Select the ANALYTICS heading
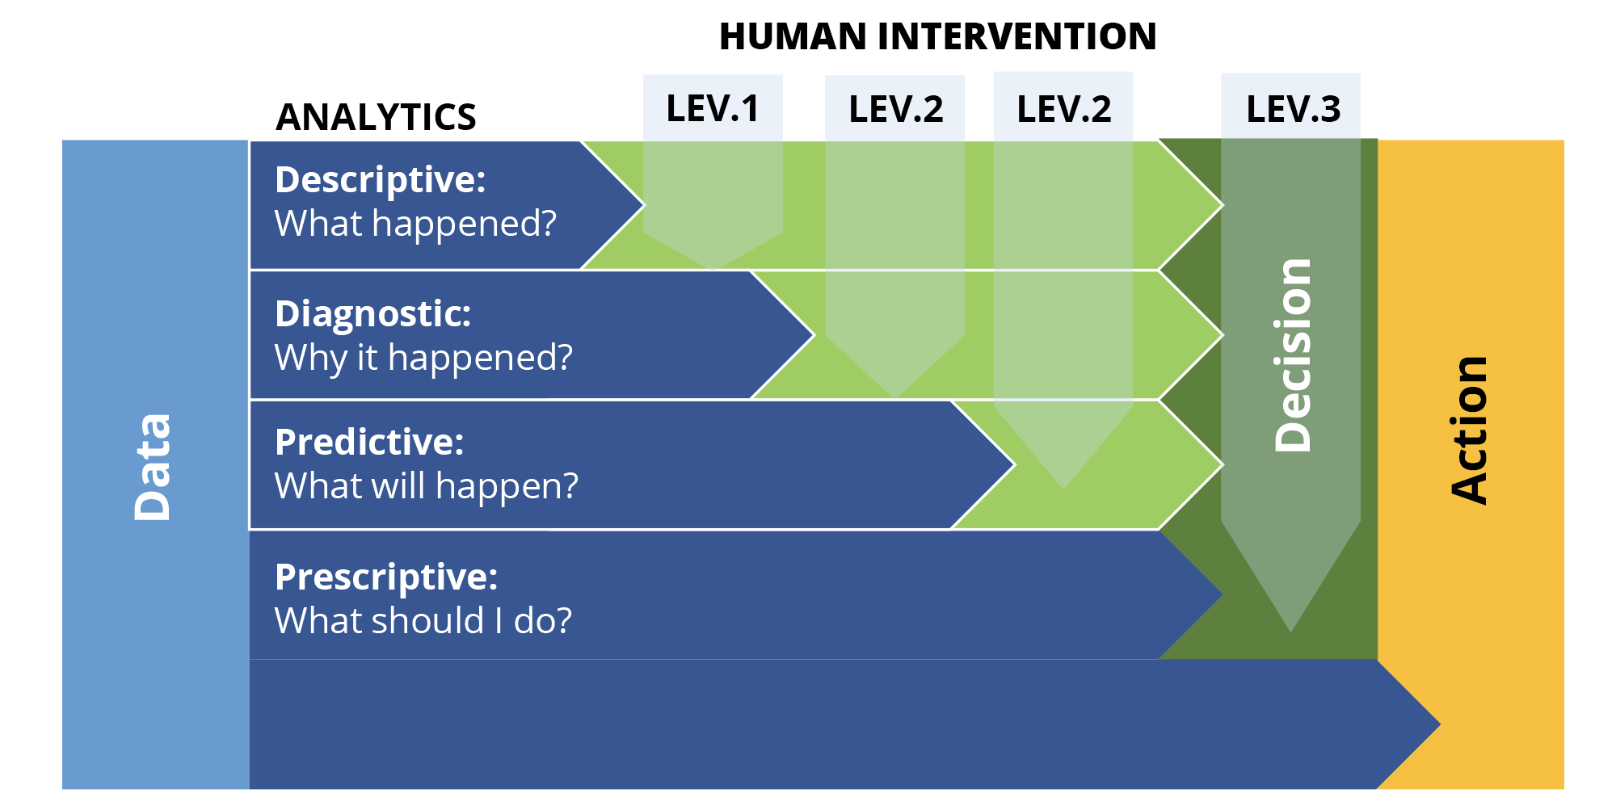376,117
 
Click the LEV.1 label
713,108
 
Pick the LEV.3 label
1293,109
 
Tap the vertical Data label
153,467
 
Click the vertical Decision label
1292,355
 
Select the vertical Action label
1468,430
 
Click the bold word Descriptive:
380,180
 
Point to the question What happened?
415,224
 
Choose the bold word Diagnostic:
372,314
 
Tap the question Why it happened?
423,358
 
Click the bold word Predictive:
369,443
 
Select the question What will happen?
427,486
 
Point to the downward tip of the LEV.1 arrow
713,269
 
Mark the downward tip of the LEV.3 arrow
1291,632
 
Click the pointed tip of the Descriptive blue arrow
644,204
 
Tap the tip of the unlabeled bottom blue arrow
1440,724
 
